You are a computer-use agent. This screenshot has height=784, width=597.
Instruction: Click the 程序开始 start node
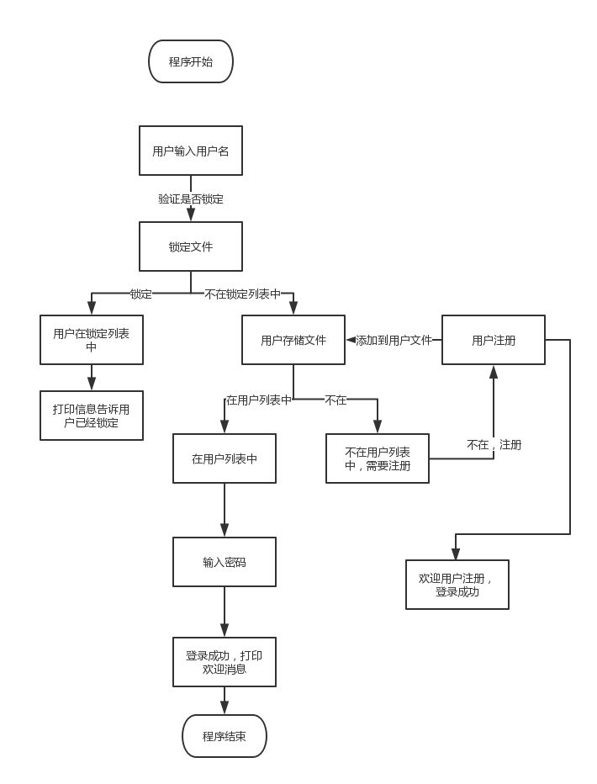pos(191,61)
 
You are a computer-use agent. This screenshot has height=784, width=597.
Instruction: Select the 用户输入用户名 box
pos(191,151)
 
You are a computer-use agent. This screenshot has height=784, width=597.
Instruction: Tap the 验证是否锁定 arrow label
pos(191,199)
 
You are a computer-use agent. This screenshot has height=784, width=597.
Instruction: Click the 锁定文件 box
pos(191,246)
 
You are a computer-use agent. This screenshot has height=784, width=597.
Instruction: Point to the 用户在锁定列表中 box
pos(92,340)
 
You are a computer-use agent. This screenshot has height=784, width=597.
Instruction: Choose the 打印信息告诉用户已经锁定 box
pos(92,416)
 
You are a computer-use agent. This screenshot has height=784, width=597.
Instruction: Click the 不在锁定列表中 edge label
pos(242,294)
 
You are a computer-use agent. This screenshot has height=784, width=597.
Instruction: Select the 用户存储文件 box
pos(293,340)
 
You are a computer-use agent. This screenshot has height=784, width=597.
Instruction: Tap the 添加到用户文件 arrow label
pos(394,340)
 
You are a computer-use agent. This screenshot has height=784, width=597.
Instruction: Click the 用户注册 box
pos(494,340)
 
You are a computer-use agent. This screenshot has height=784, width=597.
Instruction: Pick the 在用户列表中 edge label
pos(258,400)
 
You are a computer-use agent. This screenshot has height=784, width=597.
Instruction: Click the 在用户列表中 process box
pos(225,458)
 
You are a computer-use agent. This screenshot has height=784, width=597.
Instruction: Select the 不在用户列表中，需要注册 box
pos(378,458)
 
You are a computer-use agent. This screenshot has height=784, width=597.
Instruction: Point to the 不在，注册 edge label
pos(494,444)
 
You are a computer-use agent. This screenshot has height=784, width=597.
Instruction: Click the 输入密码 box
pos(225,562)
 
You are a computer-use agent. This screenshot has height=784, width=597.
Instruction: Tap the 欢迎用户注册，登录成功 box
pos(457,585)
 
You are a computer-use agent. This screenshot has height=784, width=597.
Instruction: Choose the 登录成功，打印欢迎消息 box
pos(225,662)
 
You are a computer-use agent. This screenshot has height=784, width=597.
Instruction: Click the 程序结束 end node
pos(225,736)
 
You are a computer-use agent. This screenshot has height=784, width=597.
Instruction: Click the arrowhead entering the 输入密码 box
pos(225,531)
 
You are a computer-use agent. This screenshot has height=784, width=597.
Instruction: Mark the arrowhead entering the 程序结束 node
pos(225,708)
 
